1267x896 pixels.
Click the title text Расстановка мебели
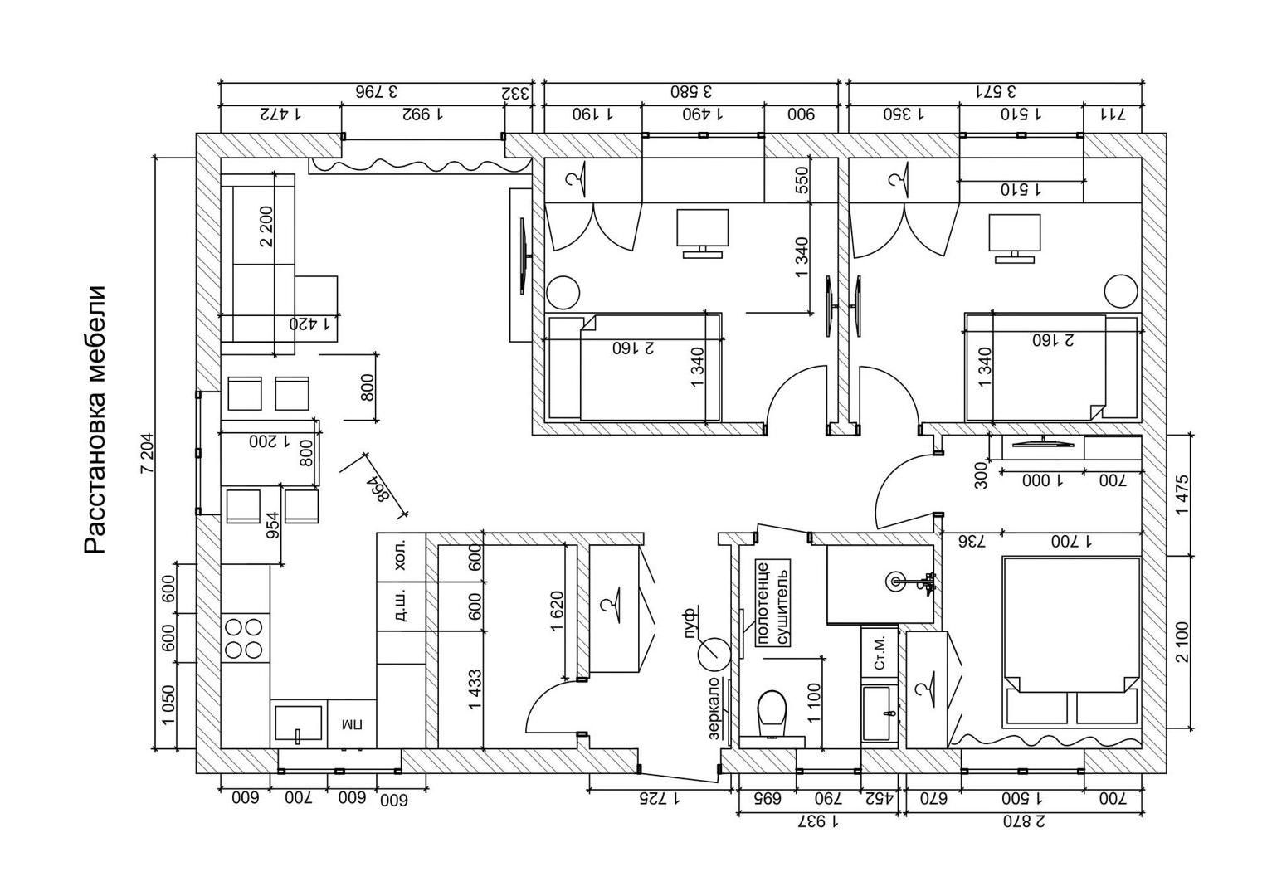click(x=96, y=420)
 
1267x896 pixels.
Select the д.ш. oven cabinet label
click(x=401, y=606)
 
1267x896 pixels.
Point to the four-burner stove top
click(x=245, y=637)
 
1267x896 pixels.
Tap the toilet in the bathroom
click(x=772, y=713)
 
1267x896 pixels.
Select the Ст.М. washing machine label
click(x=880, y=653)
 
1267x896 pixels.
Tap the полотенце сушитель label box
click(x=771, y=602)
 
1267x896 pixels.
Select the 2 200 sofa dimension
click(x=266, y=226)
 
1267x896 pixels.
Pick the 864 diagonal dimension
click(x=378, y=489)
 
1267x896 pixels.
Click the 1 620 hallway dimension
click(x=557, y=611)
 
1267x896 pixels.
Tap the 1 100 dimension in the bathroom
click(x=814, y=701)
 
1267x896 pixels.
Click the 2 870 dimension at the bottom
click(x=1021, y=822)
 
